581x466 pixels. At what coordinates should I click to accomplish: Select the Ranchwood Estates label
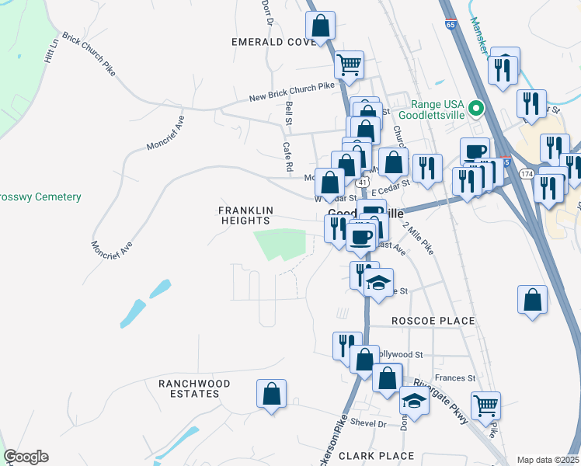click(194, 388)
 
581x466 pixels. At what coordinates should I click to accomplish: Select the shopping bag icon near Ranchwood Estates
click(272, 393)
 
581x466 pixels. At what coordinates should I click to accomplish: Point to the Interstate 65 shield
click(451, 25)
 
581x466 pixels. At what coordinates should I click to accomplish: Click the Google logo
click(26, 457)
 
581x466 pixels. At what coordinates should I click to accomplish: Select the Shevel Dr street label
click(368, 423)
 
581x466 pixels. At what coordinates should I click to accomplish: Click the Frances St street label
click(455, 378)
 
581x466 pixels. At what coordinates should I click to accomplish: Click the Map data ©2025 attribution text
click(548, 460)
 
